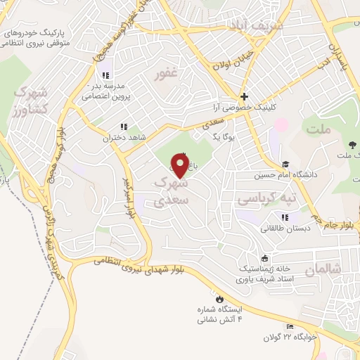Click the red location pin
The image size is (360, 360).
point(180,166)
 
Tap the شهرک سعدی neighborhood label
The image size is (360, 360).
point(170,190)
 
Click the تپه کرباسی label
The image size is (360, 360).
point(257,199)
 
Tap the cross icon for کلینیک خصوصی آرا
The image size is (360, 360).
point(244,96)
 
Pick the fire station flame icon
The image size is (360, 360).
point(219,298)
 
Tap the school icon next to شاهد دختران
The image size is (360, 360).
point(124,127)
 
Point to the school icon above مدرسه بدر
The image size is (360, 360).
point(105,75)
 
